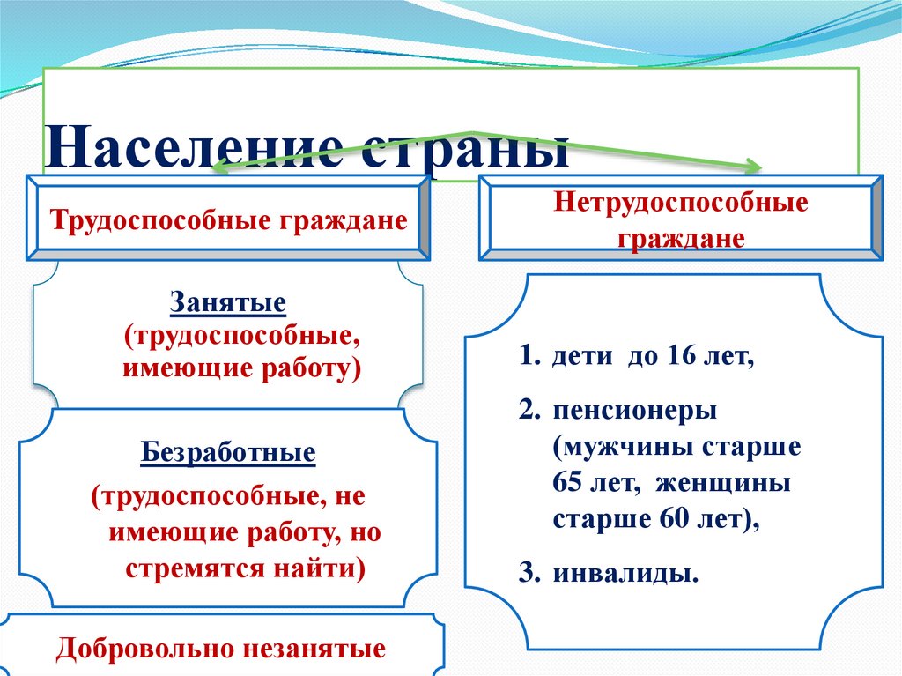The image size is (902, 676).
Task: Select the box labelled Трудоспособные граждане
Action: point(228,218)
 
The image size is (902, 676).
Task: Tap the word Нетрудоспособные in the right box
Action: point(681,202)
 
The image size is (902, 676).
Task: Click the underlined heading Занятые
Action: point(228,304)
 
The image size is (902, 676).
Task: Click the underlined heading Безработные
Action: point(228,454)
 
